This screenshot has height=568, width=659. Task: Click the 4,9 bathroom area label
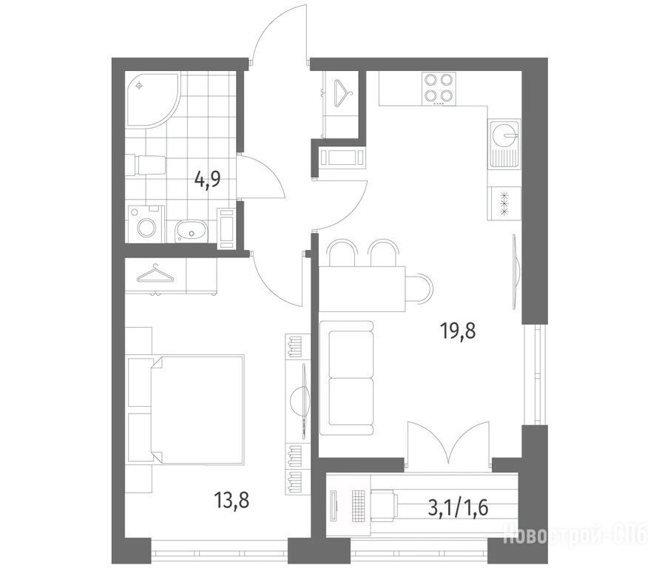(x=208, y=180)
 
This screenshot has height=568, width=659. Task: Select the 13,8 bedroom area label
(x=232, y=500)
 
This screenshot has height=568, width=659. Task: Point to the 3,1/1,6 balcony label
(x=458, y=508)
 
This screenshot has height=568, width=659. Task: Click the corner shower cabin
(x=152, y=99)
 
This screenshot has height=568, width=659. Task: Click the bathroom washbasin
(x=192, y=231)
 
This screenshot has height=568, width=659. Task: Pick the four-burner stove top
(x=439, y=89)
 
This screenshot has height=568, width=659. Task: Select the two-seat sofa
(x=346, y=378)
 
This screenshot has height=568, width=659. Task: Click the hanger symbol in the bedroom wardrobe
(x=155, y=274)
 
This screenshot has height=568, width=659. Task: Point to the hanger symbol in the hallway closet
(x=343, y=91)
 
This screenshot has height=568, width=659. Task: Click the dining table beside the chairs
(x=362, y=288)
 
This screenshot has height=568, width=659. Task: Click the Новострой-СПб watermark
(x=575, y=534)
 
